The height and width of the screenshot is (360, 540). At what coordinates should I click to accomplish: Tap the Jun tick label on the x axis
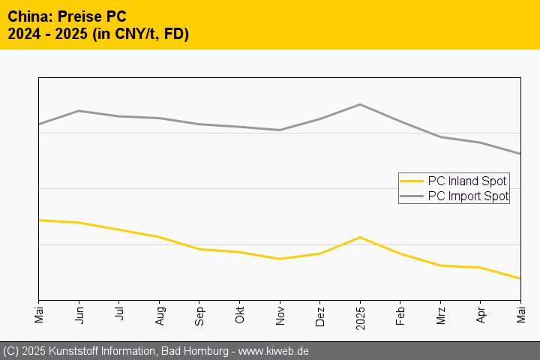click(79, 313)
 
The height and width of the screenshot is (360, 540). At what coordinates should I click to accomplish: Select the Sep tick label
click(199, 314)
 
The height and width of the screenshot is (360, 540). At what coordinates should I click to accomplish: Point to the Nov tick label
click(280, 314)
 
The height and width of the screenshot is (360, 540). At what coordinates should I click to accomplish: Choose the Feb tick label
click(400, 314)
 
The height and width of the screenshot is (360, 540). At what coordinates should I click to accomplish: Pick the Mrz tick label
click(440, 314)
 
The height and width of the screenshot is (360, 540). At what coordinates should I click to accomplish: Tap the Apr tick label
click(481, 313)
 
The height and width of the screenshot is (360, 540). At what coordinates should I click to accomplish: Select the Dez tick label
click(320, 314)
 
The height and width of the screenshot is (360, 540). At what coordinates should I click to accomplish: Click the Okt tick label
click(239, 314)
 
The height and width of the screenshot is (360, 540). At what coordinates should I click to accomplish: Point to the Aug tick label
click(159, 314)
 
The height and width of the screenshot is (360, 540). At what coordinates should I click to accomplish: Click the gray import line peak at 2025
click(360, 104)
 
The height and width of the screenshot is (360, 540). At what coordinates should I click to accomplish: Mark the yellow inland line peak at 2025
click(360, 237)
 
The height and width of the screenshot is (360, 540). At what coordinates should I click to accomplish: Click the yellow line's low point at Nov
click(280, 259)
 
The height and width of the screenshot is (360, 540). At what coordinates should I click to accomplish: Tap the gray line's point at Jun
click(79, 110)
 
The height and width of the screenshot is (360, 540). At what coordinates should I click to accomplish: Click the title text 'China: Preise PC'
click(67, 16)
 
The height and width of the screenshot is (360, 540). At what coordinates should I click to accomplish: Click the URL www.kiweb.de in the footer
click(274, 351)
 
